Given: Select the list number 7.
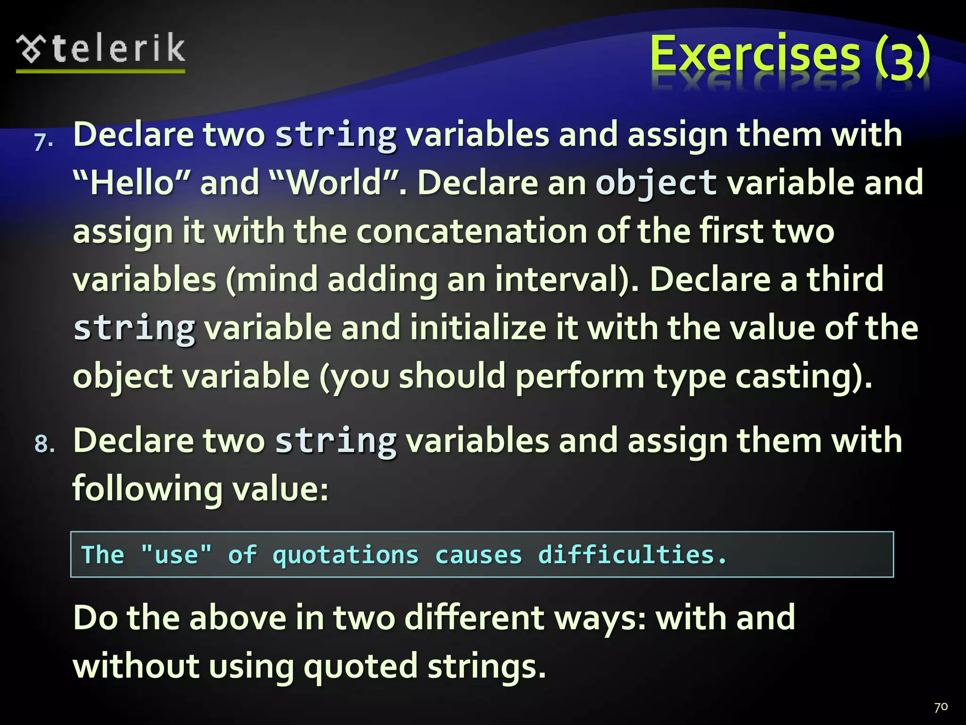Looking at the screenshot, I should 43,142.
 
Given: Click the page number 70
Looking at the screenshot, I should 941,707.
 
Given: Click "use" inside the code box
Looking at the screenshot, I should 176,555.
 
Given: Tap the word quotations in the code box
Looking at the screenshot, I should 346,555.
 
